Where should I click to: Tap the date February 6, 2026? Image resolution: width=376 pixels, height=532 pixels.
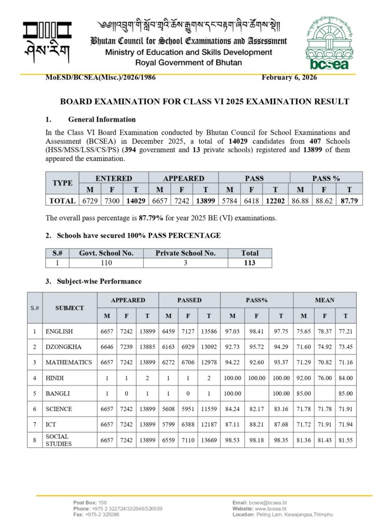pyautogui.click(x=289, y=77)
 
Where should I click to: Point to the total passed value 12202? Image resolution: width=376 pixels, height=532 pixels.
pyautogui.click(x=275, y=200)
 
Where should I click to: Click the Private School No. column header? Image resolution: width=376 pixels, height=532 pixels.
pyautogui.click(x=185, y=253)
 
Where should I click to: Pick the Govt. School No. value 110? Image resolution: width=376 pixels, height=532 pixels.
pyautogui.click(x=106, y=263)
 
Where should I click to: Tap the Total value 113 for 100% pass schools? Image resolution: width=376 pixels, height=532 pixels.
pyautogui.click(x=250, y=263)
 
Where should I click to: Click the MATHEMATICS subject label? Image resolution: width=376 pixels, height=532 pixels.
pyautogui.click(x=69, y=362)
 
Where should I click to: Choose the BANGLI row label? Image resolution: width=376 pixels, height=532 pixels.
pyautogui.click(x=58, y=393)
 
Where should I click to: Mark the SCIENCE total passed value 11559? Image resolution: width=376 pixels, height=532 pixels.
pyautogui.click(x=208, y=409)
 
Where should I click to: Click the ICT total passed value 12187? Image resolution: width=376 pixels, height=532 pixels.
pyautogui.click(x=208, y=424)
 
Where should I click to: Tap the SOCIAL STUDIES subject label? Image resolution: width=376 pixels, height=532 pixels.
pyautogui.click(x=59, y=440)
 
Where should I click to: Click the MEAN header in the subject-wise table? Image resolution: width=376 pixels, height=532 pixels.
pyautogui.click(x=325, y=300)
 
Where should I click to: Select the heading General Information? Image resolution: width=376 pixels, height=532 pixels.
pyautogui.click(x=102, y=119)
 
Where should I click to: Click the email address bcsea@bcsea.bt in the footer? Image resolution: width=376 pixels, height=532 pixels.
pyautogui.click(x=267, y=502)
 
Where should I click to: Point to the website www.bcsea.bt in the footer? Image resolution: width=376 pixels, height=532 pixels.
pyautogui.click(x=270, y=509)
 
